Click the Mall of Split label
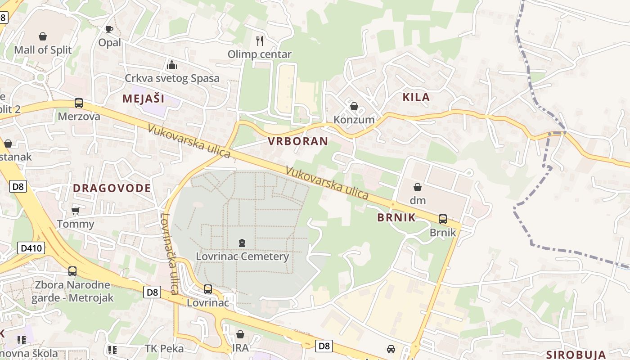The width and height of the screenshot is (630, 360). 43,49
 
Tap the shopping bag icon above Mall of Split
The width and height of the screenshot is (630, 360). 43,36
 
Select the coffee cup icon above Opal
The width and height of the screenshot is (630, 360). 109,29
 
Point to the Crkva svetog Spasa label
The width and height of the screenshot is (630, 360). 172,78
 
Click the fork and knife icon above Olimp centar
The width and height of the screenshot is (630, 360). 260,41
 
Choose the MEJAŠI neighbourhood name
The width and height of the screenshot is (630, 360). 144,99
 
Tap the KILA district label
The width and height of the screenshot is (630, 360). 416,97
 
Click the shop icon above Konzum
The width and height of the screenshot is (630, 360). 354,106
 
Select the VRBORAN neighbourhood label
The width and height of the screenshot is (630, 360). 298,141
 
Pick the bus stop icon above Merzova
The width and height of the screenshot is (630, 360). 79,103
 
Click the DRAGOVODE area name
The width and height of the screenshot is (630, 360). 112,188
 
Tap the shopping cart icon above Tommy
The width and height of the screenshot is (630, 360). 76,211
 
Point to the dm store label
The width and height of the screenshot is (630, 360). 418,200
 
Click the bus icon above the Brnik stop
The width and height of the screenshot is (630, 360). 443,219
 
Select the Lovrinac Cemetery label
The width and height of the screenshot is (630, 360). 242,256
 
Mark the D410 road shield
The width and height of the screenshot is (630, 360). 31,247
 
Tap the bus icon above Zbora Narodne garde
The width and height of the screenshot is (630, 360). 72,271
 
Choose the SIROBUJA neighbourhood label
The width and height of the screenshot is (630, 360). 576,355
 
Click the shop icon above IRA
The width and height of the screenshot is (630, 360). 240,335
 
